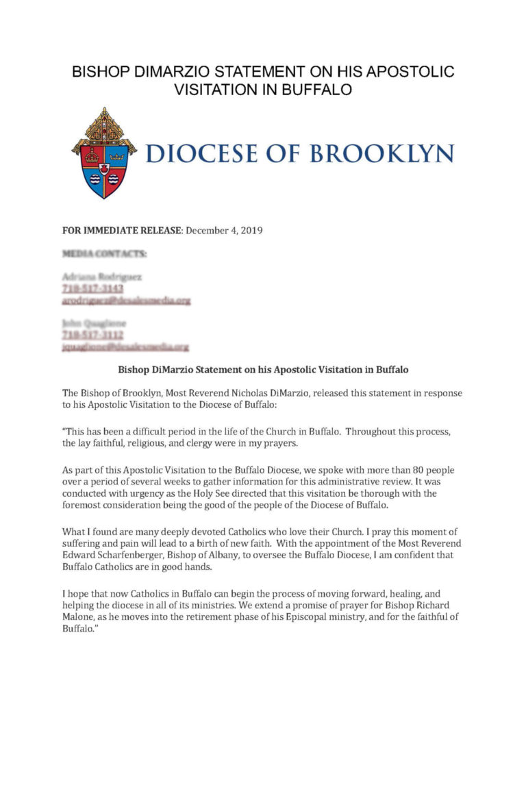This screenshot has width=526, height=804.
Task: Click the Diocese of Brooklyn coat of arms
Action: click(104, 153)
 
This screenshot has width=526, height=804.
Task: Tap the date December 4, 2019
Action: click(225, 230)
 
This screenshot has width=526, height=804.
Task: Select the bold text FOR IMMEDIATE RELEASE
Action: click(123, 230)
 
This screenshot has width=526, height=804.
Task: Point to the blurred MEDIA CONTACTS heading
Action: click(104, 254)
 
